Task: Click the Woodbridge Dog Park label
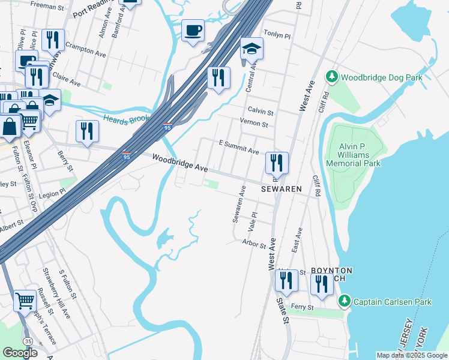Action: click(382, 77)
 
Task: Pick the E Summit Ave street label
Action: click(238, 148)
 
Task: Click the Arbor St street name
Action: click(254, 245)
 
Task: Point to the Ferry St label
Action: click(303, 308)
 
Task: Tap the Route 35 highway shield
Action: click(29, 341)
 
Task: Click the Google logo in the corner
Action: click(20, 353)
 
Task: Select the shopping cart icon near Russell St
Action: click(25, 300)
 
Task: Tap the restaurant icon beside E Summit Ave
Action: click(277, 163)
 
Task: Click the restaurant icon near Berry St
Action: click(88, 131)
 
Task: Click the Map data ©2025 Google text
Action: click(412, 355)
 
